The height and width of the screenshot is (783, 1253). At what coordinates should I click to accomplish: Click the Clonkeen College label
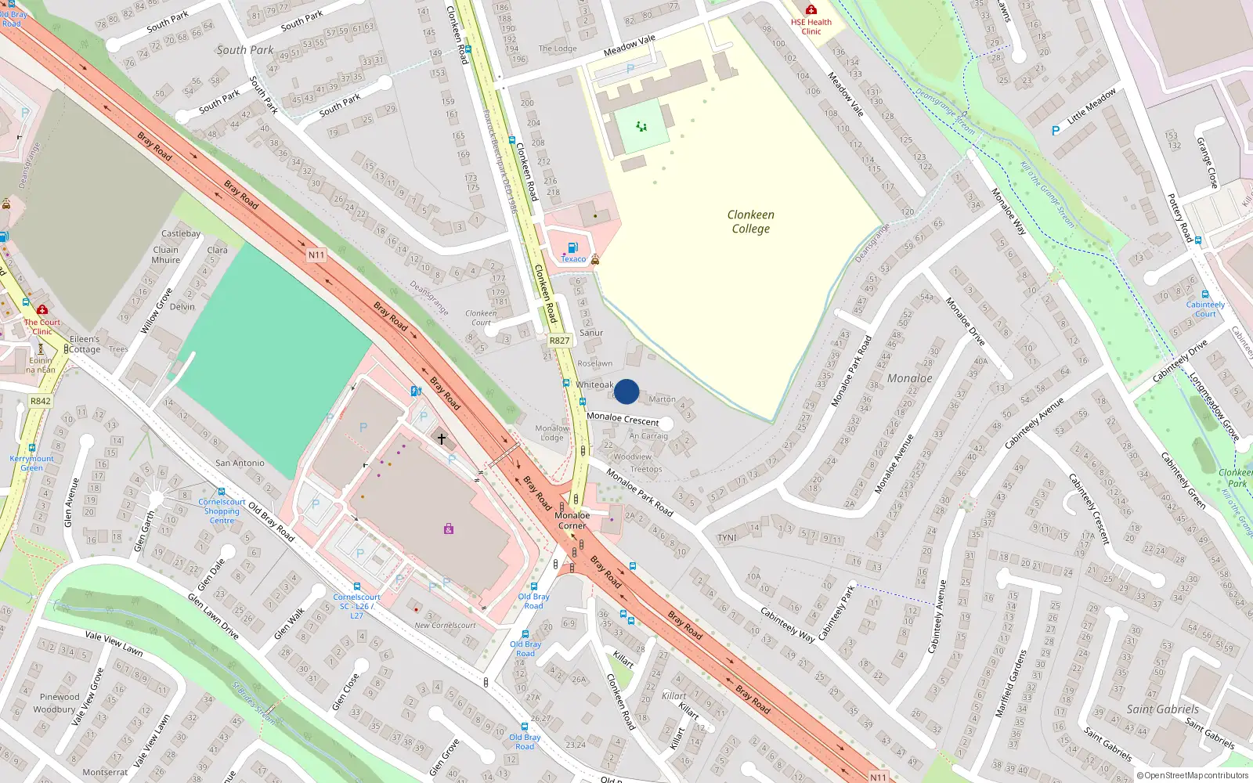[x=750, y=222]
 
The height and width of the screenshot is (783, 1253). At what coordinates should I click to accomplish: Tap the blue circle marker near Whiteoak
[x=626, y=391]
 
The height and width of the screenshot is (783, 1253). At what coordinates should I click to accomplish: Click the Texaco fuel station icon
[x=572, y=248]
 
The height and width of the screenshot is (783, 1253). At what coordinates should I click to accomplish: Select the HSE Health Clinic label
[x=811, y=27]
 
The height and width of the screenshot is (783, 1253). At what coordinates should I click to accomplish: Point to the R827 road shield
[x=559, y=341]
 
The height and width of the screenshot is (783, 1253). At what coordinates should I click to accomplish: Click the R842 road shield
[x=41, y=401]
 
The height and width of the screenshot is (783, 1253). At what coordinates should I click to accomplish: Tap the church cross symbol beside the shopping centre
[x=442, y=439]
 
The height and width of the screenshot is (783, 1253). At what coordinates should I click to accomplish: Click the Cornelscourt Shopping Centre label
[x=222, y=511]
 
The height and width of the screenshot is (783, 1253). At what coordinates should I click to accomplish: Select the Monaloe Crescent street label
[x=623, y=419]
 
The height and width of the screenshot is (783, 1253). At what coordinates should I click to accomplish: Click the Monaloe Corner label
[x=572, y=520]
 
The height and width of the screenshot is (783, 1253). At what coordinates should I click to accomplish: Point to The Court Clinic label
[x=42, y=327]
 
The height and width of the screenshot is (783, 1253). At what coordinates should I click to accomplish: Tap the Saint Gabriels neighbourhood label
[x=1162, y=709]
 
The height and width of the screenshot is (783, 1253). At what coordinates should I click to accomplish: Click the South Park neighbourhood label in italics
[x=244, y=50]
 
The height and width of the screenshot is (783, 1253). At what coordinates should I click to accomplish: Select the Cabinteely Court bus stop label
[x=1205, y=309]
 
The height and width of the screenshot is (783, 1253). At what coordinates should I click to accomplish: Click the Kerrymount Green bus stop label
[x=31, y=463]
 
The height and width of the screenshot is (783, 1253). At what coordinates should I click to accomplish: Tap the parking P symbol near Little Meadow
[x=1056, y=131]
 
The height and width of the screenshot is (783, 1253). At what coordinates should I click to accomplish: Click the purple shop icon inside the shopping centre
[x=449, y=529]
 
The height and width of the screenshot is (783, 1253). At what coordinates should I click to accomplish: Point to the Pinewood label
[x=60, y=697]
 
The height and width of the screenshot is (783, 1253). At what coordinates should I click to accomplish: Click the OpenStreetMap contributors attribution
[x=1192, y=775]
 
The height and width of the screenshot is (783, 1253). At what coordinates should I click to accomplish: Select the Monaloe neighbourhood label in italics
[x=909, y=378]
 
